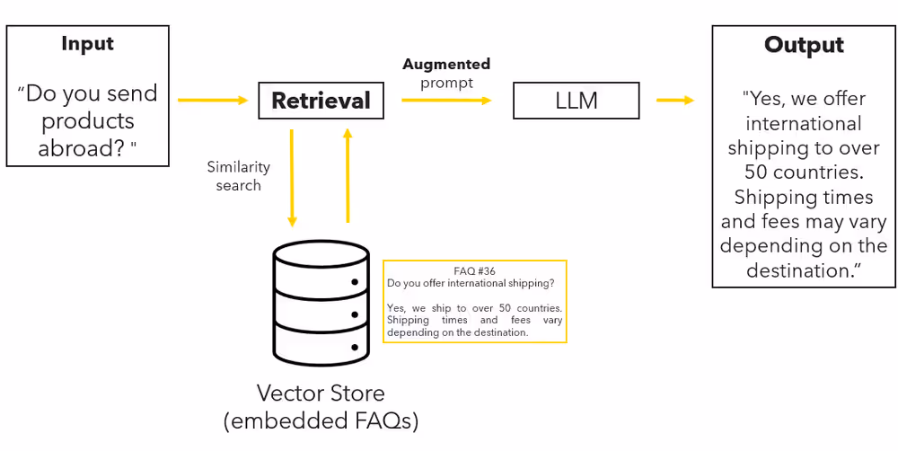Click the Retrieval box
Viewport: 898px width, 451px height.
pyautogui.click(x=321, y=101)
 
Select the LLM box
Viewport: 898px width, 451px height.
pyautogui.click(x=576, y=101)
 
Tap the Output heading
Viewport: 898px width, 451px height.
pyautogui.click(x=804, y=46)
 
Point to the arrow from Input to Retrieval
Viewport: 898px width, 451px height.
pyautogui.click(x=212, y=100)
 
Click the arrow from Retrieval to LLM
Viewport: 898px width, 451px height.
pyautogui.click(x=446, y=100)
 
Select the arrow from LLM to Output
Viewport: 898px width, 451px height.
pyautogui.click(x=675, y=100)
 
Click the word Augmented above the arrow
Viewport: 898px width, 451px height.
pyautogui.click(x=446, y=65)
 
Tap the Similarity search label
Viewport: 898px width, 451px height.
pyautogui.click(x=238, y=176)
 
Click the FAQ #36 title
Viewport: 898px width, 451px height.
pyautogui.click(x=475, y=270)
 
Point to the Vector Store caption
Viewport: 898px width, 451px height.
pyautogui.click(x=321, y=393)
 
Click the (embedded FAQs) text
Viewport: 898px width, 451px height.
pyautogui.click(x=321, y=420)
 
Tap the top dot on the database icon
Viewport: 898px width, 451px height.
pyautogui.click(x=355, y=282)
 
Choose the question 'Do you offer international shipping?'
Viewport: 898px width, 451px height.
pyautogui.click(x=471, y=283)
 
